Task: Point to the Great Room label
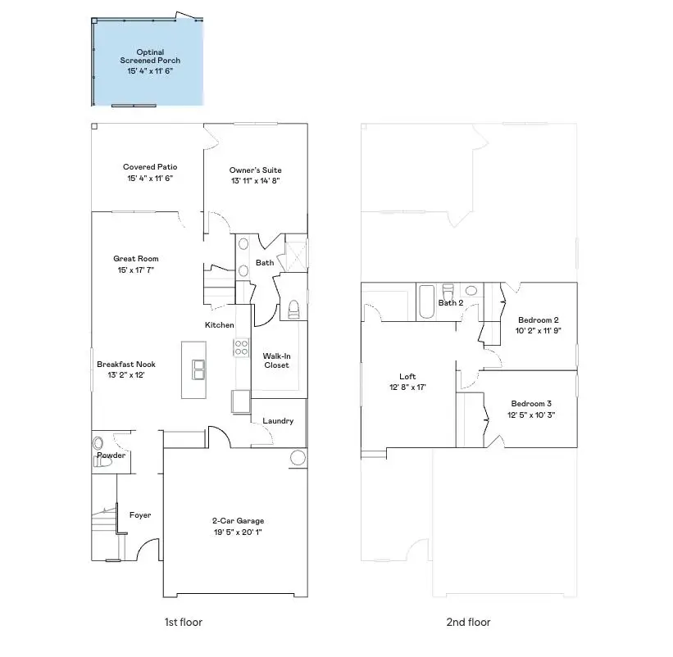(136, 259)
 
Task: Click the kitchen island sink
(198, 371)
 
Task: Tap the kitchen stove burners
(242, 347)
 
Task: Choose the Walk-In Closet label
(276, 360)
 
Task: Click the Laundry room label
(278, 421)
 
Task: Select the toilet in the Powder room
(102, 462)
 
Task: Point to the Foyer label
(140, 515)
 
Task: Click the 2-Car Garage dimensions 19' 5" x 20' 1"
(238, 532)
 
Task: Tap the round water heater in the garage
(298, 458)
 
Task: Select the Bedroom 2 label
(538, 319)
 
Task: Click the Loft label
(407, 377)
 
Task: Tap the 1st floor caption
(183, 623)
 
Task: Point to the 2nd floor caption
(468, 623)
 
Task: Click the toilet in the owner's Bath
(294, 309)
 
